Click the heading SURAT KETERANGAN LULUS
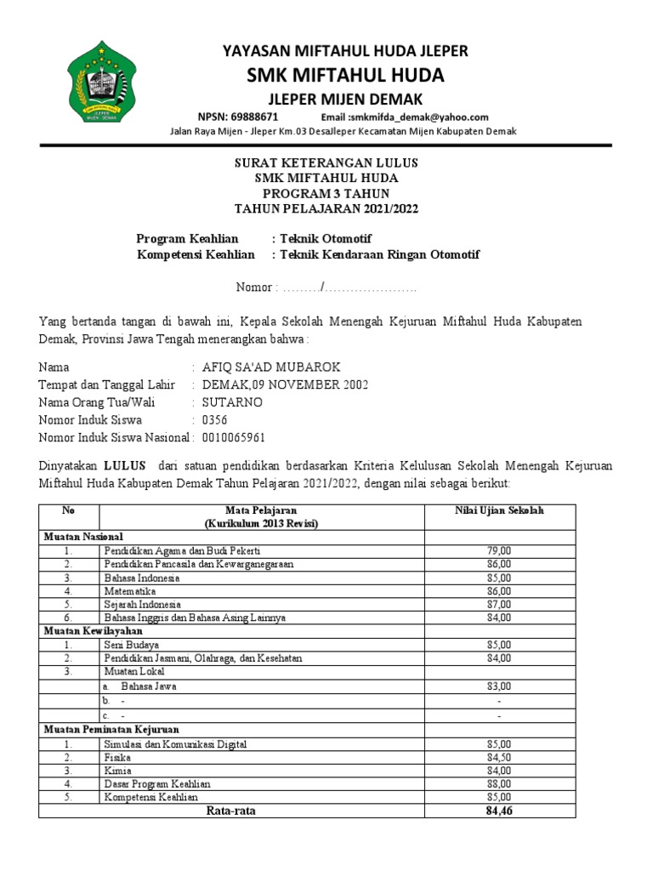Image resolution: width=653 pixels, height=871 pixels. [326, 162]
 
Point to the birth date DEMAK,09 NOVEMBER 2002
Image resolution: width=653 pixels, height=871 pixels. [285, 385]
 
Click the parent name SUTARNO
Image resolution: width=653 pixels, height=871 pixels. [232, 402]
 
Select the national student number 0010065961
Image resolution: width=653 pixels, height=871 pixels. [234, 437]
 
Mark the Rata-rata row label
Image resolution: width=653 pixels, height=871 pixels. [231, 811]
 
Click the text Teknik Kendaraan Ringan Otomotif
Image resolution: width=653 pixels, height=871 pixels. [375, 255]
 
